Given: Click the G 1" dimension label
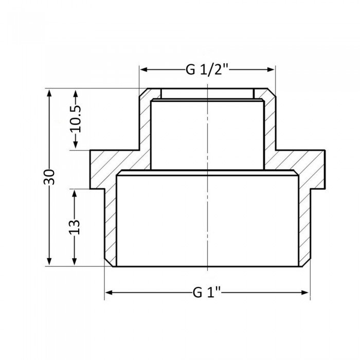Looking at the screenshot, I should (207, 293).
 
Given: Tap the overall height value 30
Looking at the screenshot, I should (49, 177).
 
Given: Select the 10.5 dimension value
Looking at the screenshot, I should (76, 120).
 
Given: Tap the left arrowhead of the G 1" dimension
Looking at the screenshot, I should (109, 293).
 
